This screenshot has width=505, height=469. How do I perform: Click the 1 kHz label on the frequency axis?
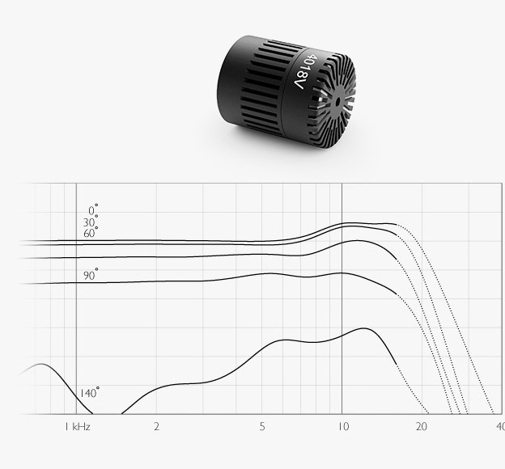coord(78,427)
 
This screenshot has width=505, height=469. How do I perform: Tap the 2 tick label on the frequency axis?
coord(156,427)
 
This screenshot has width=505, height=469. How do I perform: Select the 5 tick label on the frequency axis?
coord(262,427)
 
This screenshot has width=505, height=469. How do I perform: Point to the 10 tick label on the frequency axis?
coord(343,427)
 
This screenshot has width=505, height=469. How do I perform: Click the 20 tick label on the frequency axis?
coord(422,427)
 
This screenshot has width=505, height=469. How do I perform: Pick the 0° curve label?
coord(93,209)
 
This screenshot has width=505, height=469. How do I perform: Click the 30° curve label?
coord(91,222)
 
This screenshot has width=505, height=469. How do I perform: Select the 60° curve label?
coord(91,232)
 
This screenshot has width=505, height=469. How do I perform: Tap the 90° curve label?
coord(91,275)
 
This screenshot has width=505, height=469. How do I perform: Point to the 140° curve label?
coord(89,392)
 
